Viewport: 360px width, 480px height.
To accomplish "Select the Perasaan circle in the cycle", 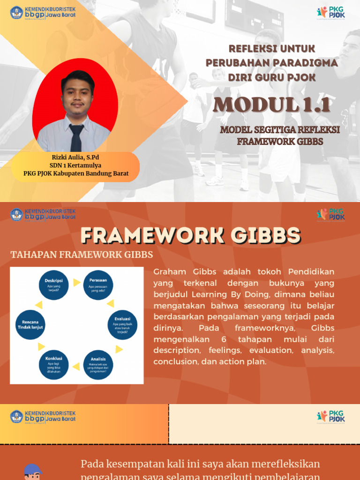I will (x=98, y=285).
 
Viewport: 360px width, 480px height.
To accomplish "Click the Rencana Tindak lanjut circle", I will (x=30, y=324).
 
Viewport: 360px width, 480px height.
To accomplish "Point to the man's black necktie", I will (x=76, y=137).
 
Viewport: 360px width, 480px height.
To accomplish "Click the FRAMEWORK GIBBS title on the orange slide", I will (x=190, y=235).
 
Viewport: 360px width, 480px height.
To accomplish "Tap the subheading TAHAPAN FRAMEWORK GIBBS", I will (x=82, y=255).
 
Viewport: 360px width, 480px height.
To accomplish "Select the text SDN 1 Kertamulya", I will (x=75, y=165).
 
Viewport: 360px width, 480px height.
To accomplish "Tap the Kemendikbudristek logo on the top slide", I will (x=43, y=12).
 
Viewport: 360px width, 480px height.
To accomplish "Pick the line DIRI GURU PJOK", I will (x=272, y=76).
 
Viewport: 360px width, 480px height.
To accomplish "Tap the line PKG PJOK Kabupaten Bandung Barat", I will (x=75, y=173).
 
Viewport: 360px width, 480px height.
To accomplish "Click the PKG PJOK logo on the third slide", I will (x=331, y=416).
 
